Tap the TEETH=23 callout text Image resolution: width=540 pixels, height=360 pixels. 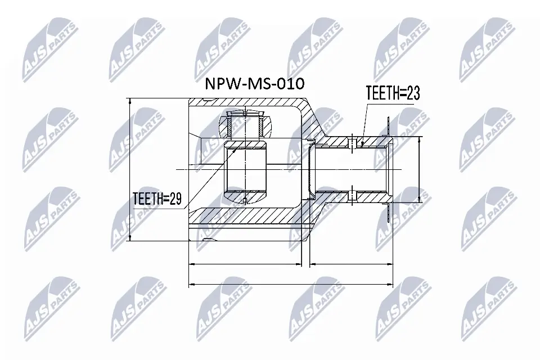click(x=393, y=93)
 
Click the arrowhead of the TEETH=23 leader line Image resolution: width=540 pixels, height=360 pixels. click(x=363, y=145)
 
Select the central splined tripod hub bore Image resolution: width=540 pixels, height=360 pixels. click(x=245, y=169)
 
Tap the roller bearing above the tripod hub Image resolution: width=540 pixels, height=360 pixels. click(x=245, y=124)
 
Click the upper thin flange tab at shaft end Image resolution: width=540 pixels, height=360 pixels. click(x=388, y=127)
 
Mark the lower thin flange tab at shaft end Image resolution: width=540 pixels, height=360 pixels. click(x=388, y=211)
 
